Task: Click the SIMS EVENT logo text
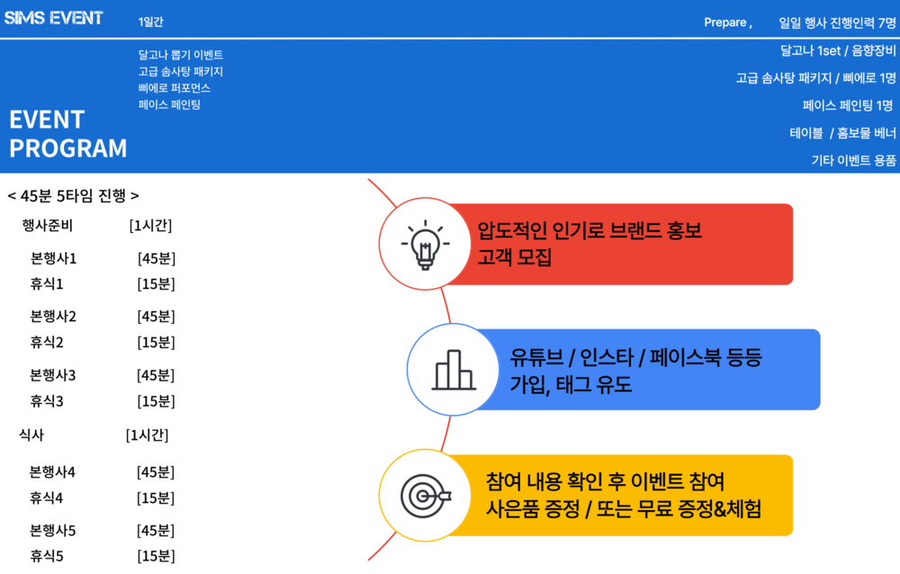pos(53,18)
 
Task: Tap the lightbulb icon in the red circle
pos(426,245)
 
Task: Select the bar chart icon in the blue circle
pos(454,370)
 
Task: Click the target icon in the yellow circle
pos(426,496)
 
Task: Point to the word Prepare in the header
pos(725,22)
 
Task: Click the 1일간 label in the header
pos(150,22)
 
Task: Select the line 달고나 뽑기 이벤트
pos(181,55)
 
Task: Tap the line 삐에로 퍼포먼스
pos(175,88)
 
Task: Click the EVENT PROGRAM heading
pos(67,134)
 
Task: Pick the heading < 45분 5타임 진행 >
pos(73,196)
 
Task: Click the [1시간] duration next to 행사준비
pos(150,226)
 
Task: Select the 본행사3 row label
pos(53,375)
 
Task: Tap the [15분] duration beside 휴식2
pos(156,343)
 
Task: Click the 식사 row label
pos(31,435)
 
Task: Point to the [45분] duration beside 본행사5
pos(156,531)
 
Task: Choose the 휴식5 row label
pos(47,556)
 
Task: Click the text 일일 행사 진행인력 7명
pos(837,22)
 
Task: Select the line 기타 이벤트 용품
pos(853,160)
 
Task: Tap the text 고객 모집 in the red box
pos(514,256)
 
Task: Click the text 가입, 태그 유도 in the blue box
pos(571,384)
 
